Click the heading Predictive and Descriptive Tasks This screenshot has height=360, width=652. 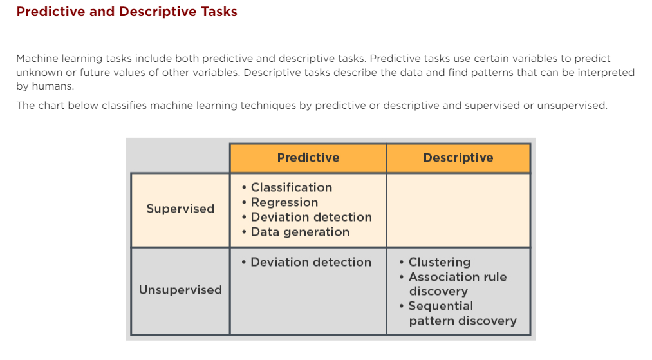click(x=127, y=12)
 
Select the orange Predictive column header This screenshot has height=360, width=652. click(x=308, y=158)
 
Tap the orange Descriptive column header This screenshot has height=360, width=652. click(x=458, y=158)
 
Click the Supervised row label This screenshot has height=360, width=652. click(x=180, y=209)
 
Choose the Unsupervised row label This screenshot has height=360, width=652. click(x=180, y=290)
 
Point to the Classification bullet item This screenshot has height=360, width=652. click(x=291, y=187)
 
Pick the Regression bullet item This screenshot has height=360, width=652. click(x=284, y=202)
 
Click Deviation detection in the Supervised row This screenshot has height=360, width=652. click(x=311, y=217)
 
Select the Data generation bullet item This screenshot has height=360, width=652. click(x=300, y=232)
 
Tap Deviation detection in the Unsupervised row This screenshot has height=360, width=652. click(x=310, y=262)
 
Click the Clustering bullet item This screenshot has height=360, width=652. click(x=439, y=262)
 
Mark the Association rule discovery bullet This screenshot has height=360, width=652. click(x=457, y=284)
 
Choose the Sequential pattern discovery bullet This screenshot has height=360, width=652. click(x=462, y=313)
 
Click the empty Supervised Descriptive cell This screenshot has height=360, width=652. click(x=458, y=210)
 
